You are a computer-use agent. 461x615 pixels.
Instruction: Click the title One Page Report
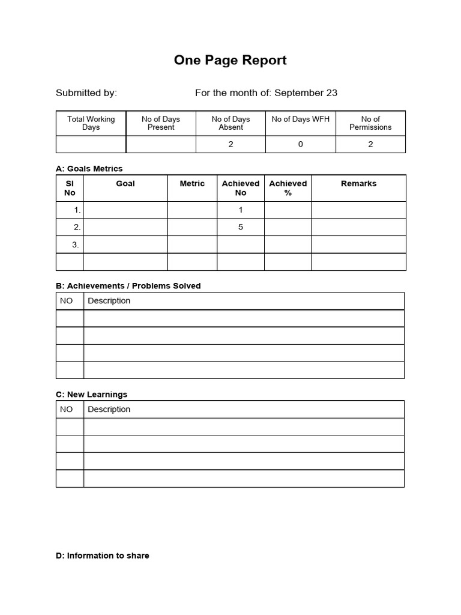pos(230,60)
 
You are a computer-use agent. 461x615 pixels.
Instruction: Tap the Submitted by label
pos(86,92)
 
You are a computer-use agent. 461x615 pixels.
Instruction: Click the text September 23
pos(306,92)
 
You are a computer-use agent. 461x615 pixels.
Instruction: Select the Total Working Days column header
pos(91,123)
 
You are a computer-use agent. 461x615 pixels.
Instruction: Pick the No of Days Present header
pos(161,123)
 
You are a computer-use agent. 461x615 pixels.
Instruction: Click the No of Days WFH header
pos(301,119)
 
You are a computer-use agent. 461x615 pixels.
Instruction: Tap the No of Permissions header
pos(370,123)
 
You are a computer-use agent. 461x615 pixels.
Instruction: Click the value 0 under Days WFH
pos(301,144)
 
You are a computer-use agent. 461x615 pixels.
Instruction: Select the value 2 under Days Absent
pos(231,144)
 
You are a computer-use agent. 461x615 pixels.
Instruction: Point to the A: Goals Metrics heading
pos(89,169)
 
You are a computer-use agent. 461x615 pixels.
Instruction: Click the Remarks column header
pos(359,184)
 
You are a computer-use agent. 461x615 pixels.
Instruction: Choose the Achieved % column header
pos(288,188)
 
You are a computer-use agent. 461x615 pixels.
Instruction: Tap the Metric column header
pos(192,184)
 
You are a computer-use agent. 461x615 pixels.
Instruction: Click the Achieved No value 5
pos(241,227)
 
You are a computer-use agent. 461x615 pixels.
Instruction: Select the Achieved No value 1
pos(241,210)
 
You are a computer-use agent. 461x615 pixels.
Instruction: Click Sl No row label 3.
pos(76,244)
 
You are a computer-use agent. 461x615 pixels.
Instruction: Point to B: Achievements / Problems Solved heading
pos(128,286)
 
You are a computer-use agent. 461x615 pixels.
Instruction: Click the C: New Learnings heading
pos(91,395)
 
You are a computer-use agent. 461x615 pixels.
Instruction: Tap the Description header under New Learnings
pos(109,409)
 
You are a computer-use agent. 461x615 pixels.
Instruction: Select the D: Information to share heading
pos(102,556)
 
